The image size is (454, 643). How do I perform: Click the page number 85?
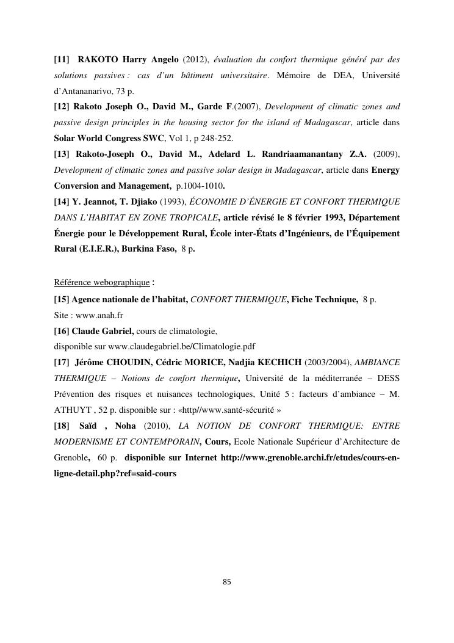point(227,582)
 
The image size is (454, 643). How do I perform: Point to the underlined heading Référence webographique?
point(101,282)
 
